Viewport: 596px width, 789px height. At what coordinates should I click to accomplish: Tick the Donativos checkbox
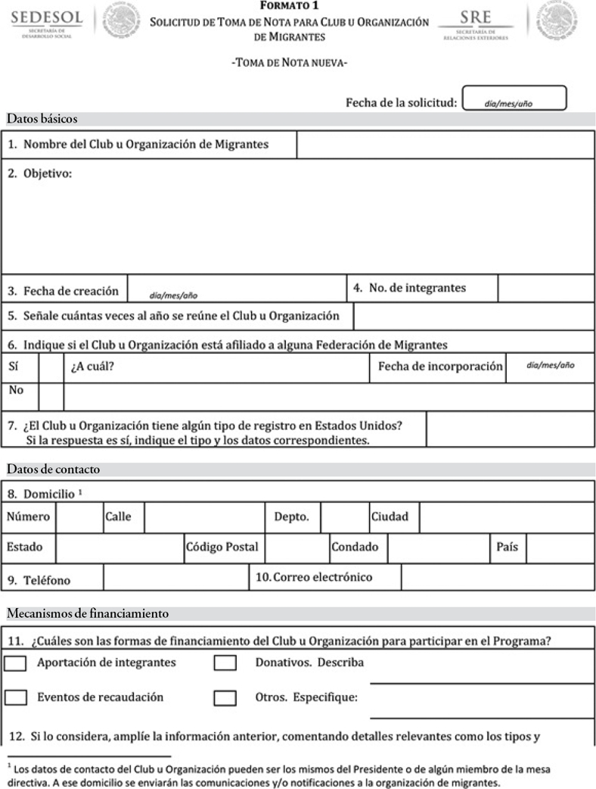[x=225, y=663]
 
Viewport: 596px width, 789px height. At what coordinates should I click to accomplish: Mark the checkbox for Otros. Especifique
[x=225, y=697]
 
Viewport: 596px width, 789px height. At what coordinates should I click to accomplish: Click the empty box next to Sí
[x=51, y=367]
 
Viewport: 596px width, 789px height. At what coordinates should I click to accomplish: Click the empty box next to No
[x=51, y=395]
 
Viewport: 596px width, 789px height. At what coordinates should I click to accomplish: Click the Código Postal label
[x=223, y=547]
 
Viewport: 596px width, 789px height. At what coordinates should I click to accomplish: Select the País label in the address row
[x=508, y=547]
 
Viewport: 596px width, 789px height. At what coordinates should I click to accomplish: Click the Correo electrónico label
[x=315, y=577]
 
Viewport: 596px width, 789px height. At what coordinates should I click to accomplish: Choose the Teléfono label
[x=47, y=581]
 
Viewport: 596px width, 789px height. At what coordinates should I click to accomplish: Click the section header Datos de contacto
[x=53, y=470]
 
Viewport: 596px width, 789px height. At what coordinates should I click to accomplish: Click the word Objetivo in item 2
[x=48, y=174]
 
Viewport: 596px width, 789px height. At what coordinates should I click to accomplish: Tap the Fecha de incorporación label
[x=439, y=366]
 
